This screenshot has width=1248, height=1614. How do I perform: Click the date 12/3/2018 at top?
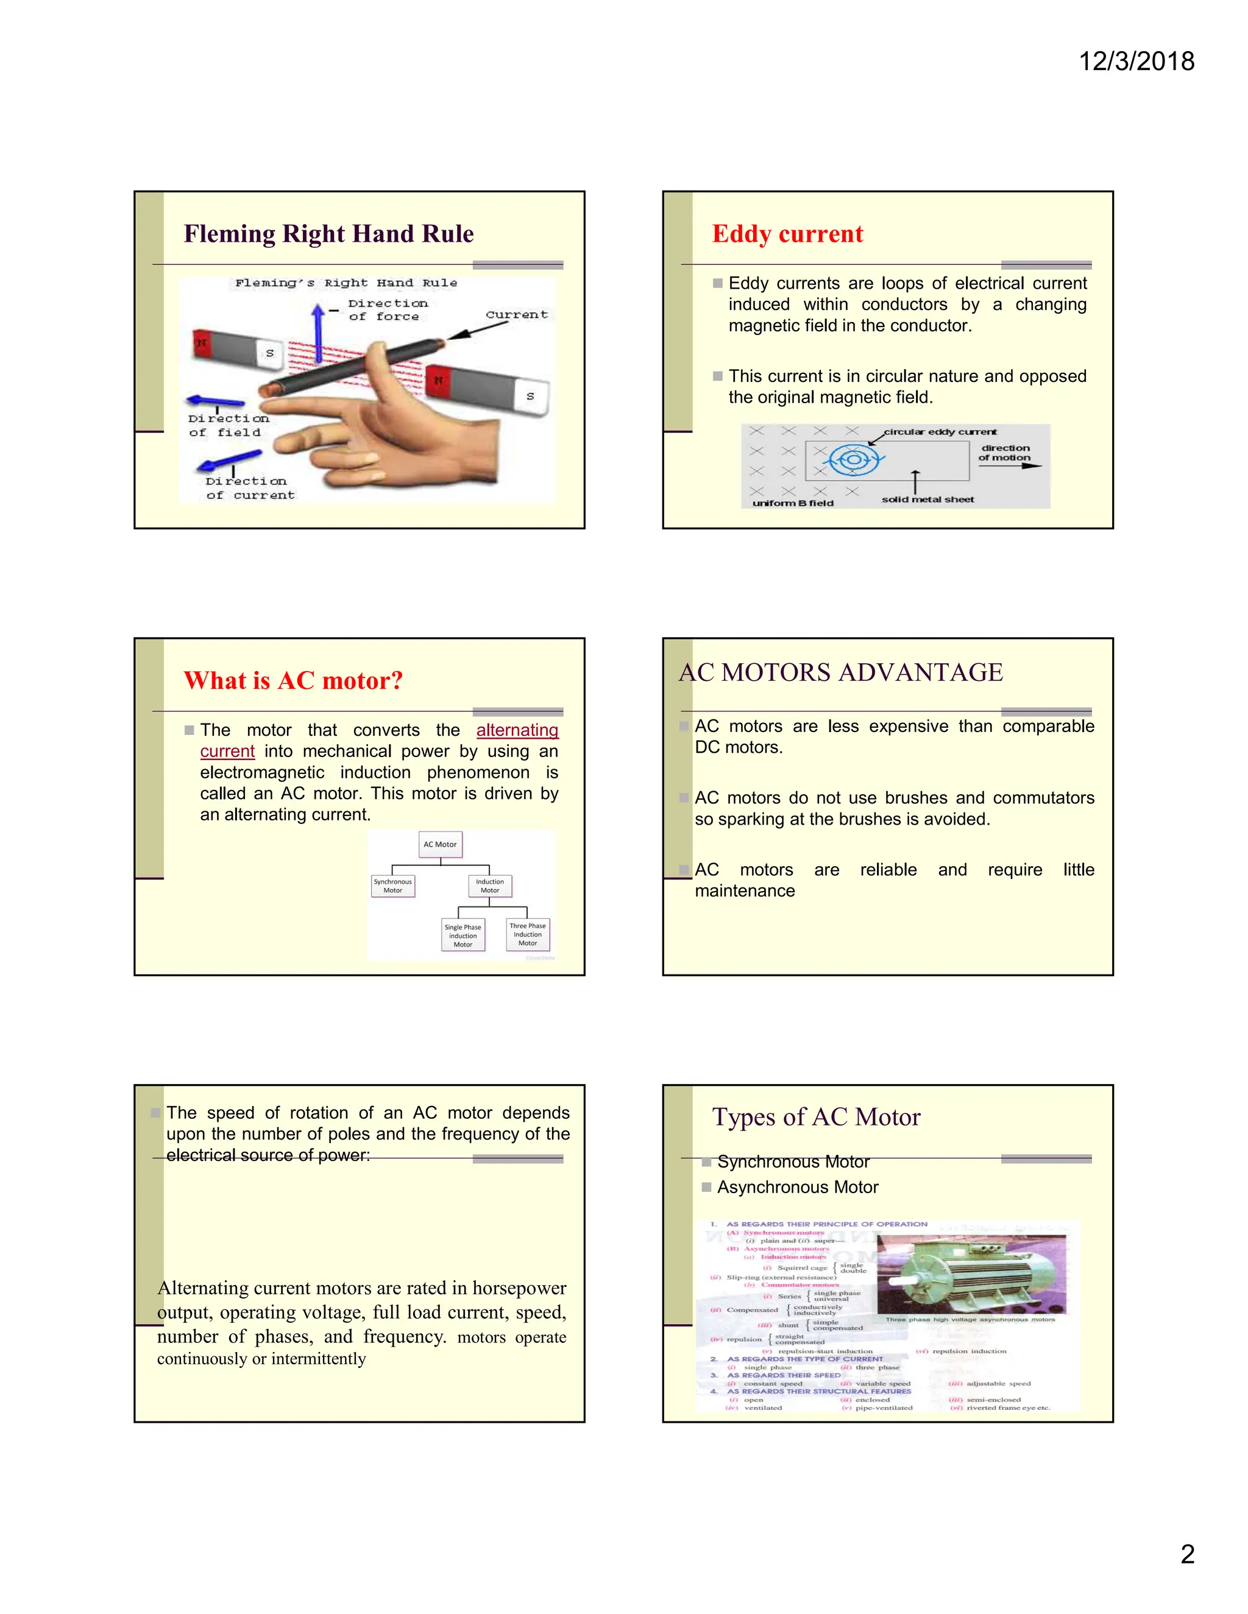tap(1136, 62)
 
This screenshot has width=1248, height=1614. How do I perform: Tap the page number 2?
tap(1186, 1554)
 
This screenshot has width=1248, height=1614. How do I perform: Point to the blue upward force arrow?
tap(318, 333)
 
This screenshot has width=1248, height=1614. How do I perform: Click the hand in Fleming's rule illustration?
tap(385, 436)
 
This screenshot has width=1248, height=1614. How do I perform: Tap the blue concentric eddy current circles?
tap(853, 460)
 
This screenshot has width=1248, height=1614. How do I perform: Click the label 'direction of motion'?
tap(1005, 453)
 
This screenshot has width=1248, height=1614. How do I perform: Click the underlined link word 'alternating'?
tap(517, 730)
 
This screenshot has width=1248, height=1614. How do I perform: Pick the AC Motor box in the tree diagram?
tap(440, 844)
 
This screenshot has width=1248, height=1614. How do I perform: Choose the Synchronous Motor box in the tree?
tap(392, 886)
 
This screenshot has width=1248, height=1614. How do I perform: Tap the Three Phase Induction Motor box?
tap(527, 935)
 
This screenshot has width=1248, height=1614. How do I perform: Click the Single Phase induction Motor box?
tap(463, 936)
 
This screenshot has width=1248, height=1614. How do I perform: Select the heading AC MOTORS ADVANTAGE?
tap(840, 672)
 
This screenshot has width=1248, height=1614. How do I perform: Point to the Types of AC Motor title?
tap(815, 1118)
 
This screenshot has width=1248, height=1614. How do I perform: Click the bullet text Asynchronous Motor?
tap(797, 1188)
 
